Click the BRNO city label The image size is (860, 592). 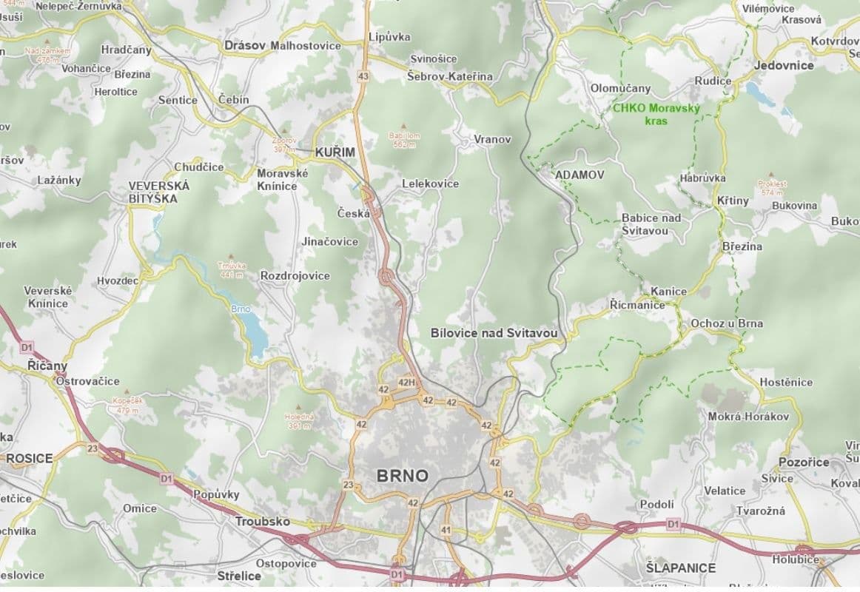[x=402, y=475]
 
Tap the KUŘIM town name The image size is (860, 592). [x=335, y=152]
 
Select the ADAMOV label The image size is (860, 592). [x=579, y=175]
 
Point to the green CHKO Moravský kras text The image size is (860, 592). [x=656, y=113]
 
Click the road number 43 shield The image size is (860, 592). [x=363, y=75]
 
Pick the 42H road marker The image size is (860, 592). [x=407, y=383]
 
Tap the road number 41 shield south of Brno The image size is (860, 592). [x=446, y=530]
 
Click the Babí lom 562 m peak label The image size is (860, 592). [x=403, y=140]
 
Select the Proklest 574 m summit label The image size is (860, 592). [x=772, y=188]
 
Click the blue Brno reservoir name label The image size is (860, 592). [x=241, y=309]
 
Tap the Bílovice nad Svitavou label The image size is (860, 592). [x=494, y=334]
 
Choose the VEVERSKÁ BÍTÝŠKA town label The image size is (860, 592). [x=159, y=192]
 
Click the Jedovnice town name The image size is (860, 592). [x=784, y=65]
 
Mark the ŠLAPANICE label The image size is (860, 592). [x=680, y=568]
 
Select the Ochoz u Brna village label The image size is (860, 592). [x=726, y=323]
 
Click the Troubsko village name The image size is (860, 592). [x=263, y=522]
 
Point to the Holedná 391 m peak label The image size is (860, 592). [x=300, y=420]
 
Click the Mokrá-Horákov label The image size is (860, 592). [x=748, y=417]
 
